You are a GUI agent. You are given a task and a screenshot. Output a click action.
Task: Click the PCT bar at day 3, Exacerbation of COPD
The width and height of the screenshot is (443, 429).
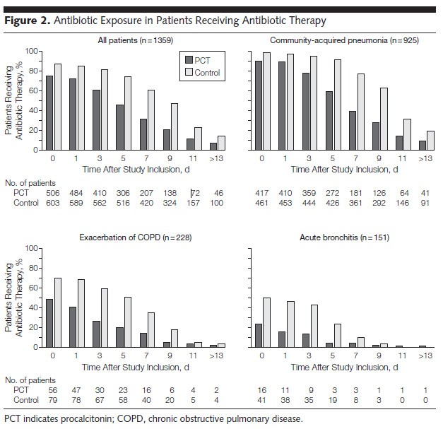[96, 334]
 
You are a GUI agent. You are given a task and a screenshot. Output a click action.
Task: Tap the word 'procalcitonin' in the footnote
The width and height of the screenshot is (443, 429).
[72, 418]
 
